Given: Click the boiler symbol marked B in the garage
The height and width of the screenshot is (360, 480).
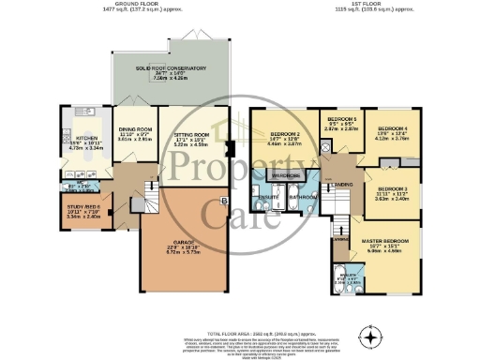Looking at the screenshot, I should tap(223, 200).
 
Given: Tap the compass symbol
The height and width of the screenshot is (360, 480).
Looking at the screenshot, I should tap(374, 337).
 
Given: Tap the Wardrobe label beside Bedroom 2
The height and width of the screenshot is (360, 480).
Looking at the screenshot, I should tap(285, 175).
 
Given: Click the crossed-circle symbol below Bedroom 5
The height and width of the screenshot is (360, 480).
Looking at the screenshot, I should tap(324, 147).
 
